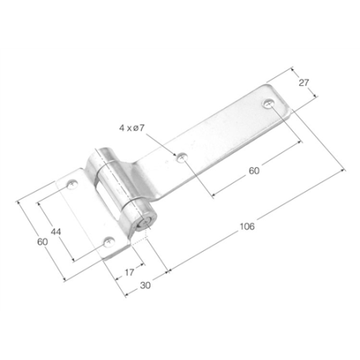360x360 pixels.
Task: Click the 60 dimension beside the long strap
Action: (252, 170)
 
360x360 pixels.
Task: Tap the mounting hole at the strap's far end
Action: (268, 104)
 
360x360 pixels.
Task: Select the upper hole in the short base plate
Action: (72, 185)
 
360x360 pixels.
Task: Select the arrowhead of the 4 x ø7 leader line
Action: (176, 153)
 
